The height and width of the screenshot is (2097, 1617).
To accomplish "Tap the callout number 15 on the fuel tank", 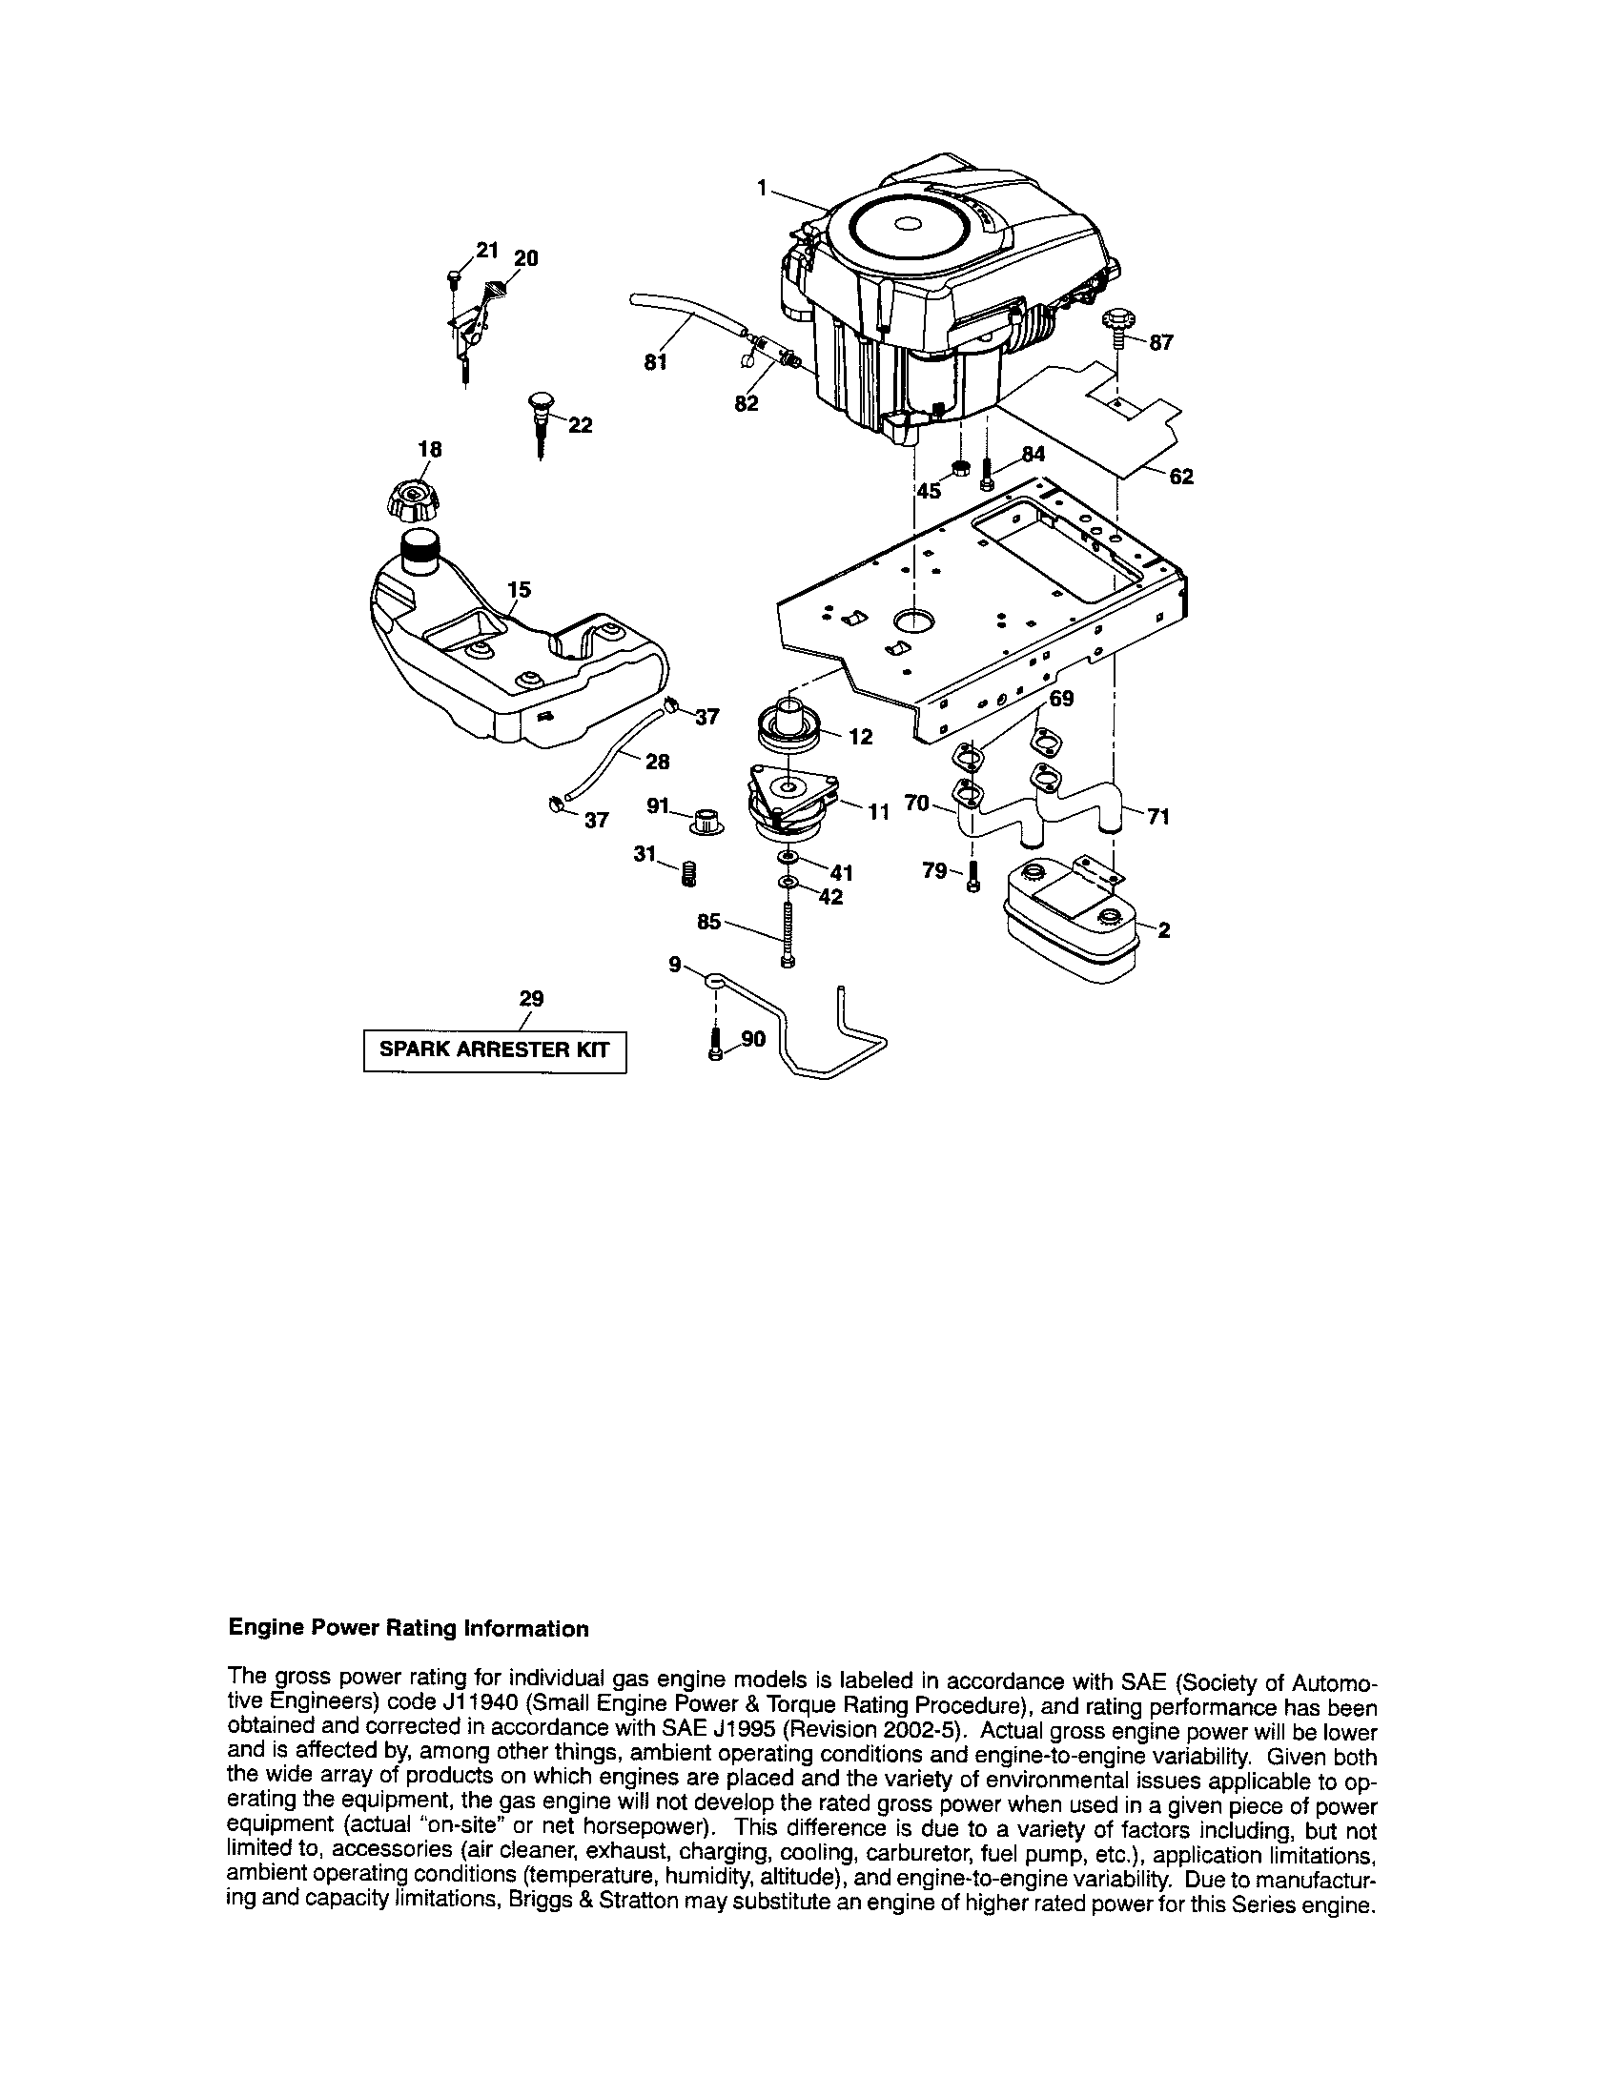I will [x=519, y=589].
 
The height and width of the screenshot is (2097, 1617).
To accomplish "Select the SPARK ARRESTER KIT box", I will [x=495, y=1049].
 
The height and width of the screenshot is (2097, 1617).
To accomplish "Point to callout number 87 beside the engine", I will [x=1161, y=342].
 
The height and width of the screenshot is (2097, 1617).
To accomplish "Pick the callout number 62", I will [x=1181, y=477].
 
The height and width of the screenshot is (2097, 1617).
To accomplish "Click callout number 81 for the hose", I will [x=655, y=363].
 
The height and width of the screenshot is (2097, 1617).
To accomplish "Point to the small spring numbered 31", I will [x=687, y=873].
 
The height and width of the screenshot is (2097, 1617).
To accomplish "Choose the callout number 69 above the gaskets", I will [x=1060, y=699].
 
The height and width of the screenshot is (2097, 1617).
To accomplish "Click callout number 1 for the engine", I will [x=762, y=189].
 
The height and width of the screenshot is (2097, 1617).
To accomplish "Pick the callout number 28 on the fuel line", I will [x=657, y=762].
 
